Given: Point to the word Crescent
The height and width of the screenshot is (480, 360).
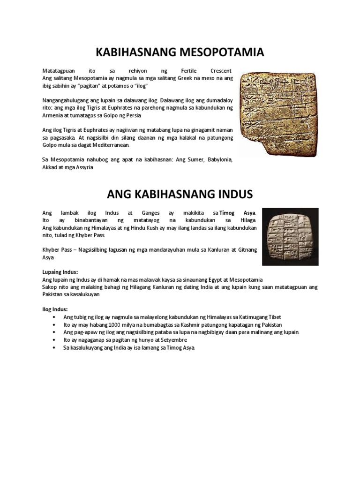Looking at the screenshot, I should (220, 70).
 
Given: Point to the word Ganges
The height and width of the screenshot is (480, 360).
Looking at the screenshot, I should (145, 213).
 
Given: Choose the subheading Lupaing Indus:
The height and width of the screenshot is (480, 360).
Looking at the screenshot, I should (60, 271).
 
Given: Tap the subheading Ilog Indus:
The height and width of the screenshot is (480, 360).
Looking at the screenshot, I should (55, 309).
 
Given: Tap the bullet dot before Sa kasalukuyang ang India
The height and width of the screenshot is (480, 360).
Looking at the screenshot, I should (55, 347).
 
